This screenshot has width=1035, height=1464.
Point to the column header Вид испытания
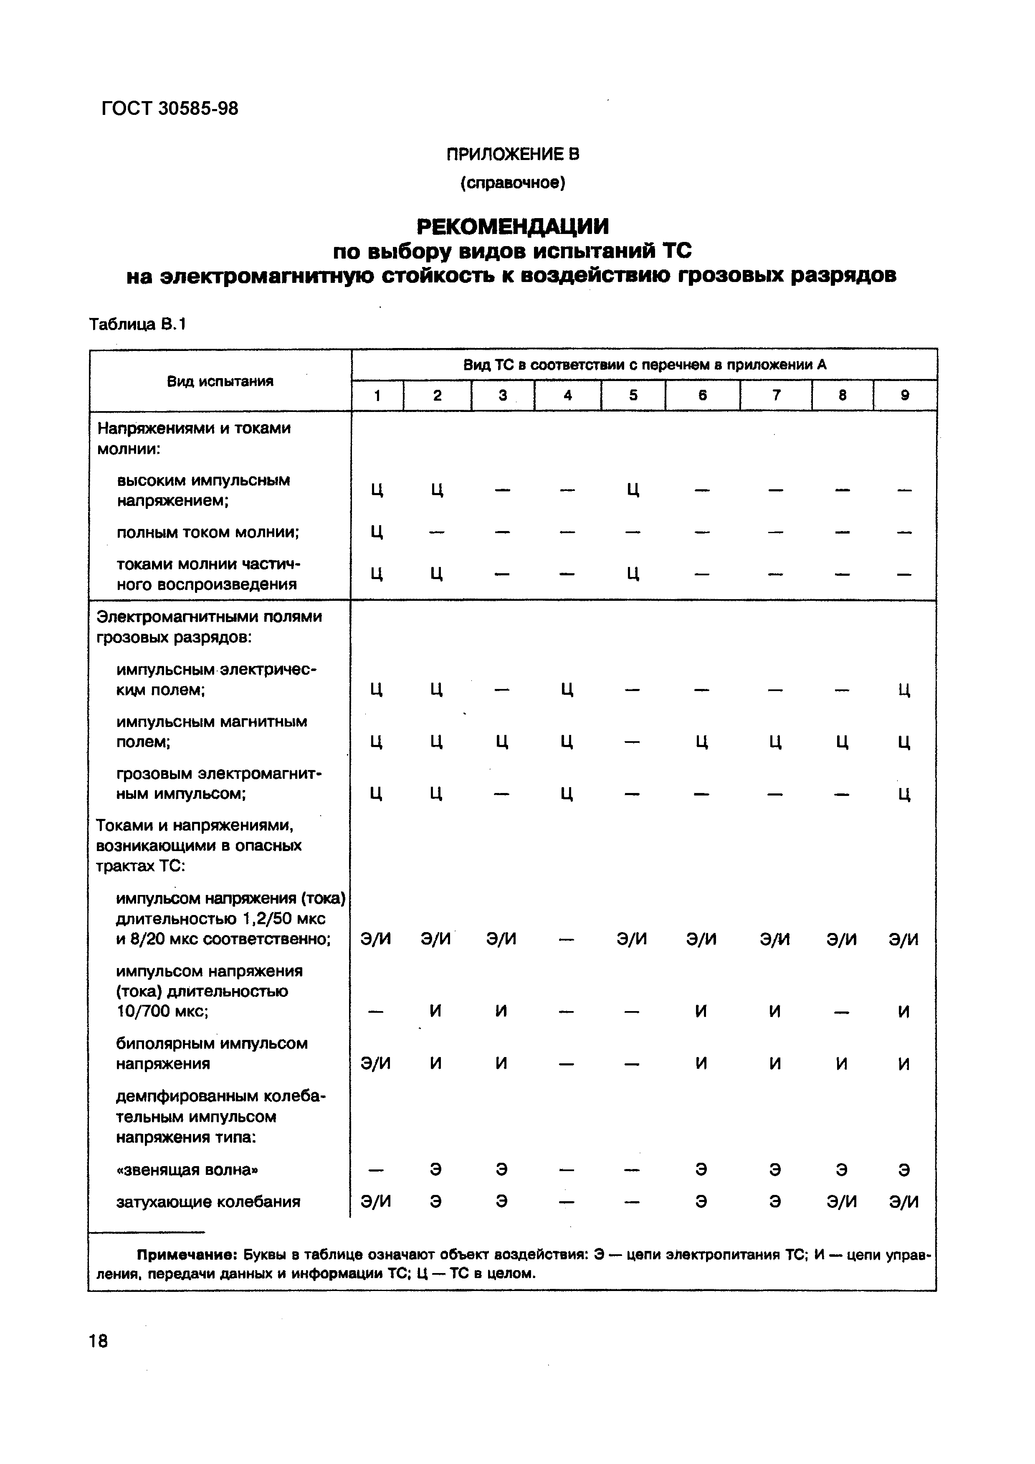[220, 381]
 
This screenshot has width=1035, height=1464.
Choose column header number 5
[633, 395]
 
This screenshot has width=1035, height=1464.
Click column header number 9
[904, 395]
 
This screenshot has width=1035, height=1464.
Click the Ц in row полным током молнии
[377, 532]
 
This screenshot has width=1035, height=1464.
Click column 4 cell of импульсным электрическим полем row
[567, 689]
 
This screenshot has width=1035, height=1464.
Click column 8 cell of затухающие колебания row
[841, 1202]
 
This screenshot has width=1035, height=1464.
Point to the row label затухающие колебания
[208, 1202]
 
